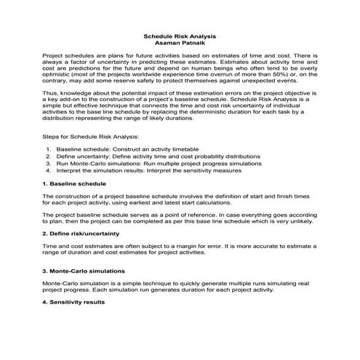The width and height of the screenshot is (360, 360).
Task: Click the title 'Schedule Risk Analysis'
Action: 180,36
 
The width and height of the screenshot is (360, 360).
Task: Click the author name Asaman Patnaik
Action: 180,43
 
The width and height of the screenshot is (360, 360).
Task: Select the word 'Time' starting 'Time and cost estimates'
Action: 50,247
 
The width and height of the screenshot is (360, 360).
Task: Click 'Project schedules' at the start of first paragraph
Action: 65,55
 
